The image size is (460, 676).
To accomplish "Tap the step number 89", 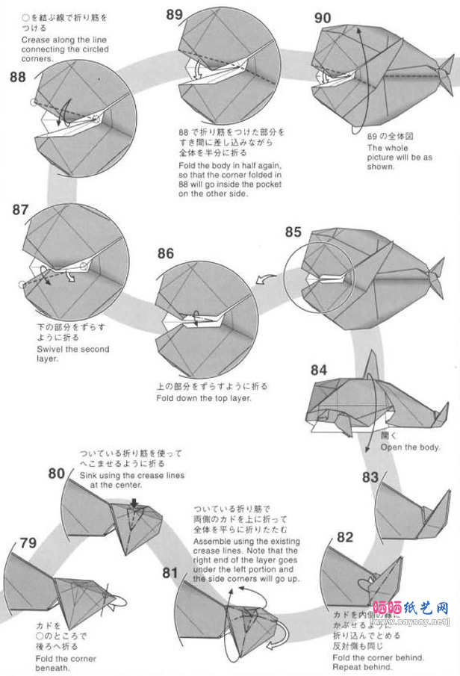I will (175, 14).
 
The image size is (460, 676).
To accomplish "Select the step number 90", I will (323, 19).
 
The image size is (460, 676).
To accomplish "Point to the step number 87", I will (20, 210).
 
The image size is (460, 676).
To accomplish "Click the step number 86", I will (166, 253).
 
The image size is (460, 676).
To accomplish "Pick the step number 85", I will (293, 232).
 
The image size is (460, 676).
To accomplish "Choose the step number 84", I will (319, 370).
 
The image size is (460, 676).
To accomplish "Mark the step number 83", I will (370, 477).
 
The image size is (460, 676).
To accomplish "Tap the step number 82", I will (344, 536).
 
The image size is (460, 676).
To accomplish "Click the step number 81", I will (170, 573).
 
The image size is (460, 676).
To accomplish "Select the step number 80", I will (57, 473).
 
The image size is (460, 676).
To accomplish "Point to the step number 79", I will (28, 543).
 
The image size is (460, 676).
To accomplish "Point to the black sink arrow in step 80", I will (134, 503).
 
